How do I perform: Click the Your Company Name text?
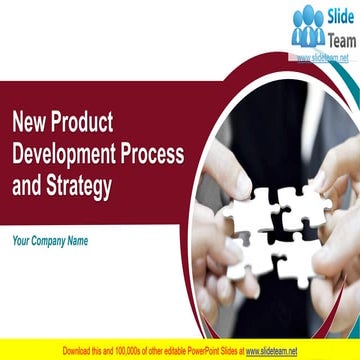coord(50,241)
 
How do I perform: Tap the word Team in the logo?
coord(340,39)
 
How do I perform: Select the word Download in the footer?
coord(81,352)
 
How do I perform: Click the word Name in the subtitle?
coord(76,241)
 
